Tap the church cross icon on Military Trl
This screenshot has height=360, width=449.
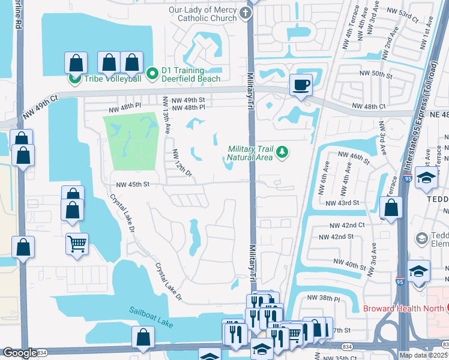point(246,13)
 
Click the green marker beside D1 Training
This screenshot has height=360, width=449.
point(152,74)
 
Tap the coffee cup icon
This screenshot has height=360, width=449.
point(301,85)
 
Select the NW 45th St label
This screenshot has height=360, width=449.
point(133,184)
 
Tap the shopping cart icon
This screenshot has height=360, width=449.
point(77,244)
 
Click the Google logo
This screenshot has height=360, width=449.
point(20,353)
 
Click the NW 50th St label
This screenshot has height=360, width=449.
point(376,76)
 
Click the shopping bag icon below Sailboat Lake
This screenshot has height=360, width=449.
point(144,338)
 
